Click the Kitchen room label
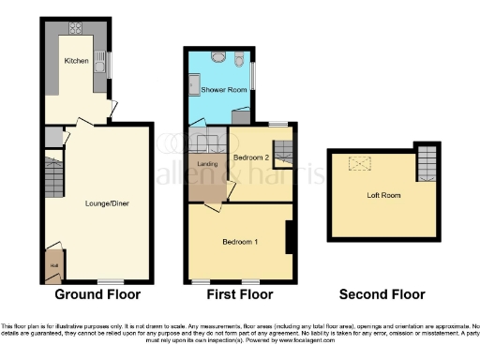76,61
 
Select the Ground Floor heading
97,294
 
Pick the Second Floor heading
382,294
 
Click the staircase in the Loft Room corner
427,163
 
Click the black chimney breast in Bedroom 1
290,235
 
